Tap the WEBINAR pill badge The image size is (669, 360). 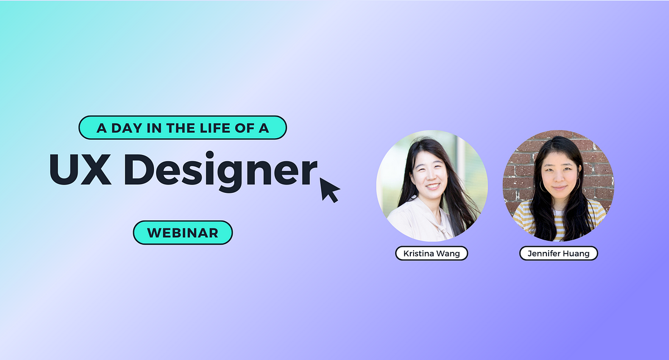tap(183, 232)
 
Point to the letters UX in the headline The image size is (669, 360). tap(80, 169)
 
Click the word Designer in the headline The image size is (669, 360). tap(220, 172)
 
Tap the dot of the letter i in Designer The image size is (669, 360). tap(210, 155)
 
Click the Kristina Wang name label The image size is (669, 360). tap(432, 254)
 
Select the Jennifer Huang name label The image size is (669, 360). tap(559, 254)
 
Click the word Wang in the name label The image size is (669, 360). tap(448, 254)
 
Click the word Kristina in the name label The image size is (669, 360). tap(419, 254)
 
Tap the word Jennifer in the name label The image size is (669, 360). tap(545, 254)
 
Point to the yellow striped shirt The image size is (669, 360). tap(558, 221)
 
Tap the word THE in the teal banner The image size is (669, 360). tap(181, 128)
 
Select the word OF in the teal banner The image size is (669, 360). tap(245, 128)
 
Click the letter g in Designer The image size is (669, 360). tap(230, 176)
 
